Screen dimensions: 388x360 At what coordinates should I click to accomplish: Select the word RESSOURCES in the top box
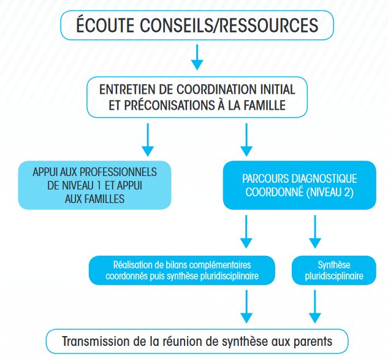[x=268, y=25]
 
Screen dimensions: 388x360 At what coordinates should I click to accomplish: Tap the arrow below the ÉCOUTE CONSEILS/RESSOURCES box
[x=197, y=57]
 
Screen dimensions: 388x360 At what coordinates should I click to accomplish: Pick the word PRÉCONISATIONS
[x=169, y=105]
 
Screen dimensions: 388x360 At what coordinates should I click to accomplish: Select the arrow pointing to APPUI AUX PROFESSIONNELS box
[x=148, y=140]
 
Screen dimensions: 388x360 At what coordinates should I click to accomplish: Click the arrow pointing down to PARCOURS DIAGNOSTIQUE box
[x=246, y=140]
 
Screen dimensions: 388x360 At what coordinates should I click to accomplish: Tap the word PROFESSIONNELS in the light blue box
[x=118, y=172]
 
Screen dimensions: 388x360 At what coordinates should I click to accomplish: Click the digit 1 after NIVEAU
[x=99, y=186]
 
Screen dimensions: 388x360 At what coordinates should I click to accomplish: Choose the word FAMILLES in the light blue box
[x=104, y=199]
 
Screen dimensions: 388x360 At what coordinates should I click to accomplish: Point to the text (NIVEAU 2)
[x=330, y=193]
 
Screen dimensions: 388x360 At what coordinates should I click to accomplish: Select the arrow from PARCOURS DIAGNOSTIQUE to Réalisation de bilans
[x=246, y=232]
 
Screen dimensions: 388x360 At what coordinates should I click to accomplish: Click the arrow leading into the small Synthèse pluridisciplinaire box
[x=315, y=232]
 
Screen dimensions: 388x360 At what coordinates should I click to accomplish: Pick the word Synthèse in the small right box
[x=334, y=265]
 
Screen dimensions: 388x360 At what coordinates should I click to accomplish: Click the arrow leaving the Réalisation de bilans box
[x=246, y=307]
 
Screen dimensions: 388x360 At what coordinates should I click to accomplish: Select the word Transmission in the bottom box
[x=96, y=342]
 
